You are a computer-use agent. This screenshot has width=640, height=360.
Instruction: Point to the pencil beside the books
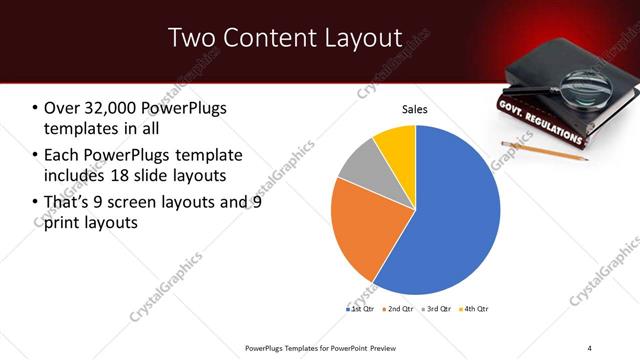click(559, 151)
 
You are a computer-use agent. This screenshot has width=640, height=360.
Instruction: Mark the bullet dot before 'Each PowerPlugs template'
click(36, 155)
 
